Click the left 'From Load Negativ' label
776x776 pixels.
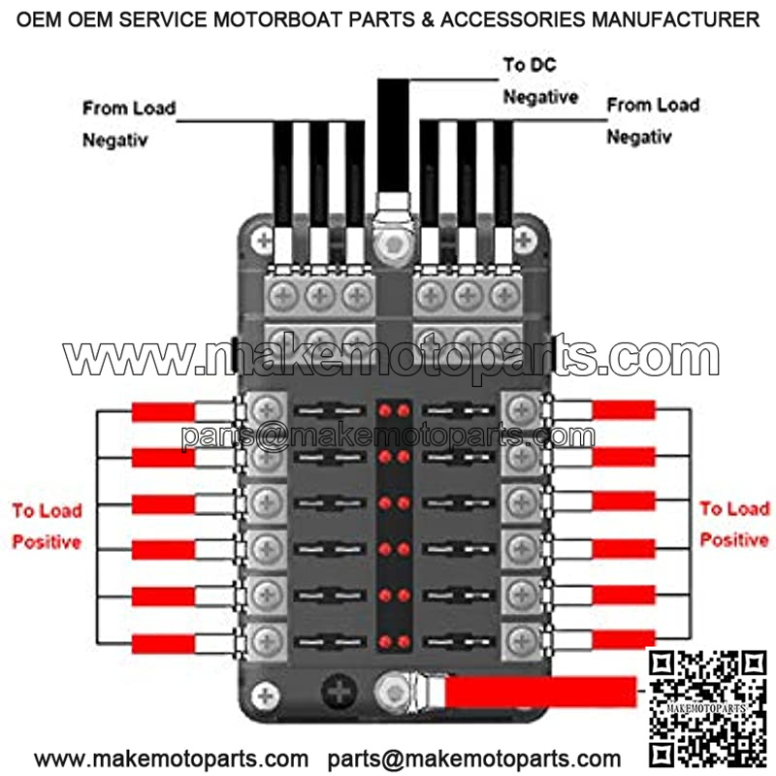point(128,123)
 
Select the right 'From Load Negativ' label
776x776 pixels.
point(653,120)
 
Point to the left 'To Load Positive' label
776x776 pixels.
point(47,525)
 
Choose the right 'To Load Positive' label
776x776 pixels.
point(734,524)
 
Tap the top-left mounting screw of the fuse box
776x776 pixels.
point(263,238)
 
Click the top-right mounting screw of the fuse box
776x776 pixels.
point(523,238)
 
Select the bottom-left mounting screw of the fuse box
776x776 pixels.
point(263,695)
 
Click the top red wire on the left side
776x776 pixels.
point(162,411)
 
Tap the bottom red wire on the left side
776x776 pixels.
point(162,643)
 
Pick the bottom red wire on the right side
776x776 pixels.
point(624,639)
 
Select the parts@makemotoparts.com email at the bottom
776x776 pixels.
point(474,758)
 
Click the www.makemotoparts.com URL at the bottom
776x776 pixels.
point(171,758)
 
